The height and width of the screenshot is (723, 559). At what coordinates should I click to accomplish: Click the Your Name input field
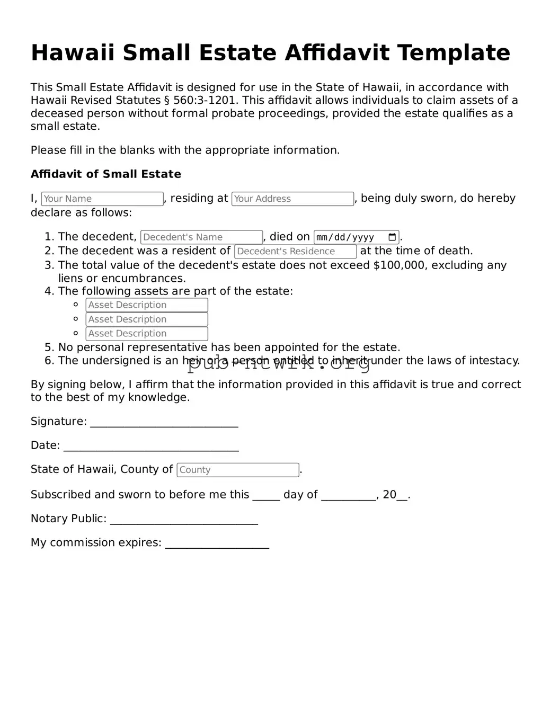click(102, 199)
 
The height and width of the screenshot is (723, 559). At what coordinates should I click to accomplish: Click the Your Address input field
click(292, 199)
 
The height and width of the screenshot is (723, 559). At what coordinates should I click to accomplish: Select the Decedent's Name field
click(201, 237)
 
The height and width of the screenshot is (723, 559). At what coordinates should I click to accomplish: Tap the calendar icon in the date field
click(392, 237)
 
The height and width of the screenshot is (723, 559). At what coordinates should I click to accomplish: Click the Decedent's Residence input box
click(295, 252)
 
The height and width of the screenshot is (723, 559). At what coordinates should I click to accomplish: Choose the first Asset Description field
click(147, 305)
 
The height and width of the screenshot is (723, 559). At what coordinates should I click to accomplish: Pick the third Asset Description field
click(147, 334)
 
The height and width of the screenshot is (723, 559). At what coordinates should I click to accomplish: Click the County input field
click(238, 470)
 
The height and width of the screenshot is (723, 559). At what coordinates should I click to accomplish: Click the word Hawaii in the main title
click(73, 53)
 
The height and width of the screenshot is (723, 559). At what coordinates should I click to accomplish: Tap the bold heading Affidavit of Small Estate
click(106, 174)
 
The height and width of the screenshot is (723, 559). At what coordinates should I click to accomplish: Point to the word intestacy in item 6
click(495, 361)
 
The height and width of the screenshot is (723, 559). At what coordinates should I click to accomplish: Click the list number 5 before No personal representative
click(49, 347)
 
